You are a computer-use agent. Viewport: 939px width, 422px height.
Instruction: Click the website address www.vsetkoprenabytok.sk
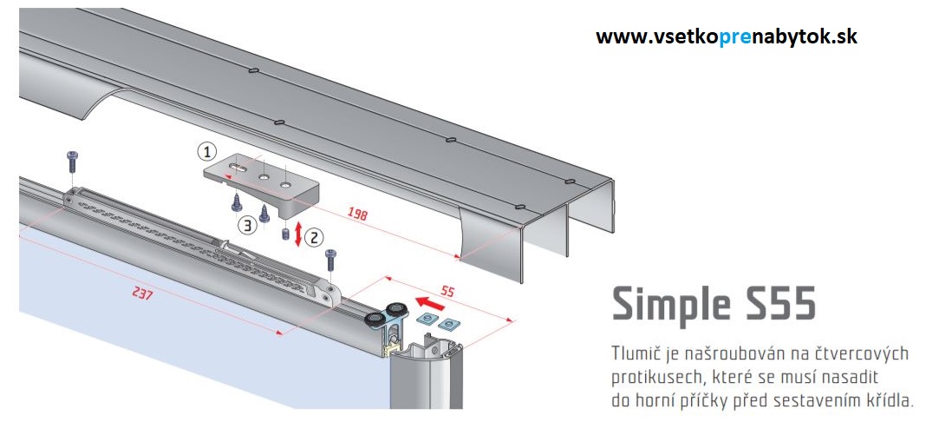point(727,37)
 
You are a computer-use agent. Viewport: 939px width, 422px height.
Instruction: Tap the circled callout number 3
point(247,226)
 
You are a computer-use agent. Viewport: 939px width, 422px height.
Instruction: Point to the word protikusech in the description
point(653,379)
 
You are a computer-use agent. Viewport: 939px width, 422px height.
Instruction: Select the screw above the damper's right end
point(330,259)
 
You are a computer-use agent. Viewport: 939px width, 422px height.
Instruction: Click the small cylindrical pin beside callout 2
point(283,234)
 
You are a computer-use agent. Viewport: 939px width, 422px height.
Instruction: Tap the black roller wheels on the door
point(388,314)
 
